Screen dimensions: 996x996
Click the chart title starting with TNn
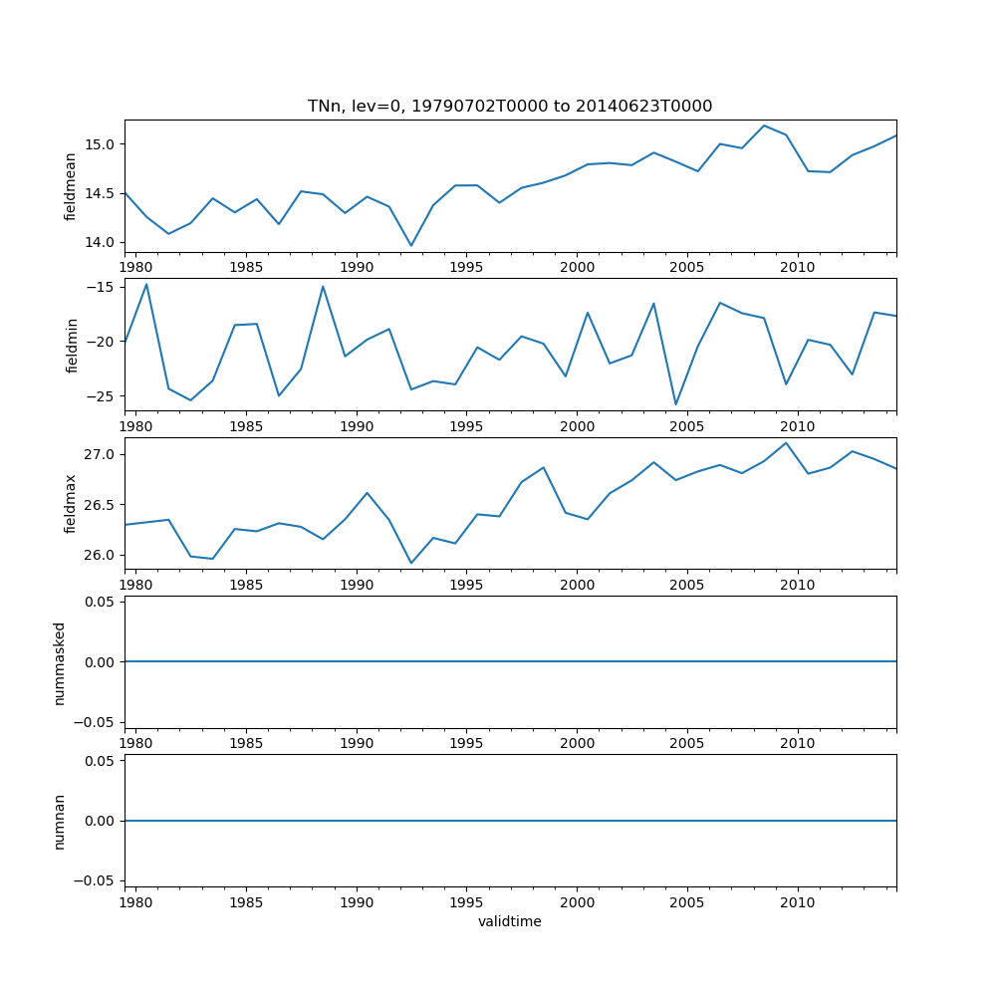click(x=510, y=107)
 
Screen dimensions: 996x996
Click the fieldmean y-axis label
click(x=71, y=186)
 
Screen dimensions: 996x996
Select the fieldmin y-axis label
click(x=71, y=345)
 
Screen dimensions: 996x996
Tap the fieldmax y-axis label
click(x=71, y=503)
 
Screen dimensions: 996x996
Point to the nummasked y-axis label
click(x=60, y=662)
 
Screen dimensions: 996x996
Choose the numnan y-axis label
click(x=60, y=821)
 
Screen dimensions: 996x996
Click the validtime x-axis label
click(x=510, y=921)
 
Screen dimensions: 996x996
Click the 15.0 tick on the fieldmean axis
click(x=101, y=144)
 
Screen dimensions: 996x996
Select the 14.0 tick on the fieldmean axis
click(x=101, y=242)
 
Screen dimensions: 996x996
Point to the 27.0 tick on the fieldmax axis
click(x=101, y=454)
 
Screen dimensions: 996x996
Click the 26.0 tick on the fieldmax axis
click(x=101, y=555)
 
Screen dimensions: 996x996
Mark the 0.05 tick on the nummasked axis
click(x=97, y=602)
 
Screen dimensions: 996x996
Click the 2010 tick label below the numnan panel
click(x=798, y=903)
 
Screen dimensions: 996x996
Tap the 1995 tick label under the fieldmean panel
click(x=466, y=269)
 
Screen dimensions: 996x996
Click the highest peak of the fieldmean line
click(x=764, y=125)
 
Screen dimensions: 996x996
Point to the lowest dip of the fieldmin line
click(x=675, y=404)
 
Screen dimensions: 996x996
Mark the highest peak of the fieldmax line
click(x=786, y=442)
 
